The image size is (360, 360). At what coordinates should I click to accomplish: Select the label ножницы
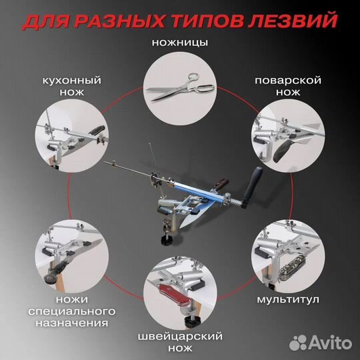[180, 42]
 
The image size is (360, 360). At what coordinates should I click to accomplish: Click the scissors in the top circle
[179, 85]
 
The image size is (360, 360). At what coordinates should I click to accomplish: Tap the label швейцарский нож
[180, 343]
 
